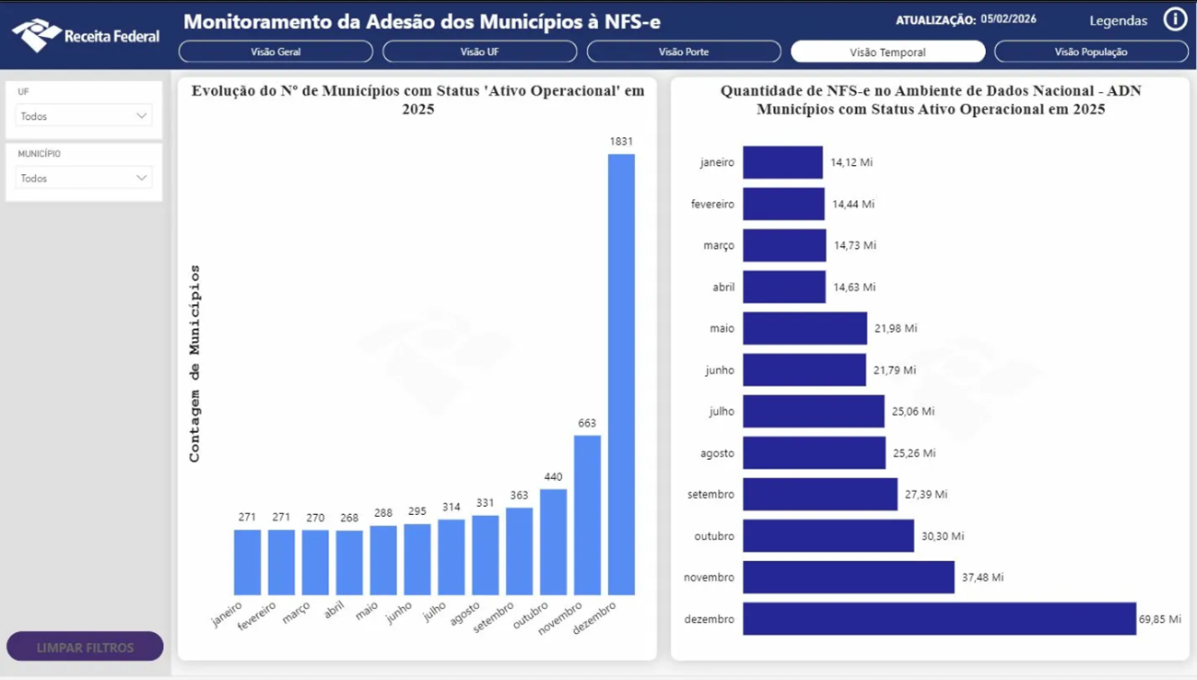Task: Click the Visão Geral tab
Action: [276, 52]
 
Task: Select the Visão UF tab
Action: [479, 52]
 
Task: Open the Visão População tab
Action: [1091, 52]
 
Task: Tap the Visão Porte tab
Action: [683, 52]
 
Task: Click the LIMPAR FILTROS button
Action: [85, 647]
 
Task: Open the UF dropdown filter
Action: [83, 116]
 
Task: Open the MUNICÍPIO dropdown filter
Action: [83, 178]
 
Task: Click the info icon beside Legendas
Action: [1175, 19]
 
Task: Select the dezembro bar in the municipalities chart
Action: [621, 374]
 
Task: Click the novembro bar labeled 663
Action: [587, 515]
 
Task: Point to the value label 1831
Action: [621, 141]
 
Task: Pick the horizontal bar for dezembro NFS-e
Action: [939, 618]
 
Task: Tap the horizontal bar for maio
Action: [804, 328]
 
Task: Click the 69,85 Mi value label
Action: [1159, 619]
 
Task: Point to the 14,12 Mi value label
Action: [851, 162]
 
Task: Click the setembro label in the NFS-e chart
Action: [710, 495]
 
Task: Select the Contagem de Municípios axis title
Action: [194, 363]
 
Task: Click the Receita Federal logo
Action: [85, 35]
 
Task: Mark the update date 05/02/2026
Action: [1008, 19]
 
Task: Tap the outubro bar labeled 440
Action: [553, 542]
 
